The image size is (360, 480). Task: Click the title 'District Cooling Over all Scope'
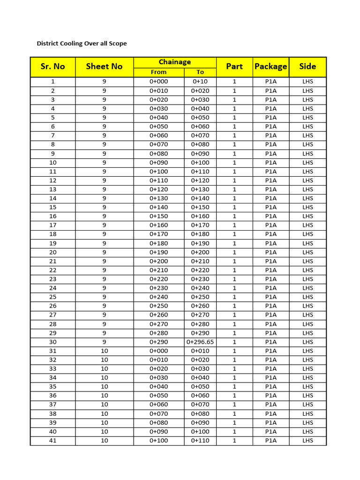pyautogui.click(x=82, y=44)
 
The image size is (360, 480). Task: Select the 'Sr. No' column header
pyautogui.click(x=52, y=67)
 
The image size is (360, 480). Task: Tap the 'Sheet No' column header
pyautogui.click(x=104, y=67)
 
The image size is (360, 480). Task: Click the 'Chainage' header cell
pyautogui.click(x=175, y=62)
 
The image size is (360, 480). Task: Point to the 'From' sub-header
pyautogui.click(x=158, y=72)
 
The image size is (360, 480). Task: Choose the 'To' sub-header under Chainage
pyautogui.click(x=200, y=72)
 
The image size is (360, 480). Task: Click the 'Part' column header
pyautogui.click(x=234, y=67)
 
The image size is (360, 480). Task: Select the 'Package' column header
pyautogui.click(x=270, y=67)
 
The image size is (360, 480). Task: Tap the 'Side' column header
pyautogui.click(x=307, y=67)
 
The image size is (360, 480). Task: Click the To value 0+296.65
pyautogui.click(x=200, y=342)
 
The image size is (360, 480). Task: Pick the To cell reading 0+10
pyautogui.click(x=200, y=82)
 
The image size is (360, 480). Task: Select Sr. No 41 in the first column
pyautogui.click(x=52, y=441)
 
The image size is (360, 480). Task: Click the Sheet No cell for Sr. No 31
pyautogui.click(x=104, y=351)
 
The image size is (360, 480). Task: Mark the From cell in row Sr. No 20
pyautogui.click(x=158, y=252)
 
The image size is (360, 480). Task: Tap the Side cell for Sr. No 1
pyautogui.click(x=307, y=82)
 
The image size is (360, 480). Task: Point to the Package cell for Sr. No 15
pyautogui.click(x=270, y=207)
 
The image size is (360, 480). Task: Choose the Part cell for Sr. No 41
pyautogui.click(x=234, y=441)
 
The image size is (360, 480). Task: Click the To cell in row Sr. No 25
pyautogui.click(x=200, y=297)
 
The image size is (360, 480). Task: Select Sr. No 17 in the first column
pyautogui.click(x=52, y=225)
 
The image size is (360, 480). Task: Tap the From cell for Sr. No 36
pyautogui.click(x=158, y=396)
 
